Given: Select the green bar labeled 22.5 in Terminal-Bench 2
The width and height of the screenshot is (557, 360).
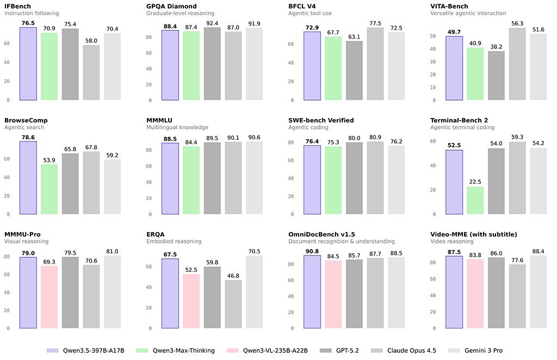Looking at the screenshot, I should (x=475, y=200).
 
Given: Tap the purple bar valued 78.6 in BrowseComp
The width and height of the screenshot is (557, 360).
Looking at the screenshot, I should (x=28, y=178).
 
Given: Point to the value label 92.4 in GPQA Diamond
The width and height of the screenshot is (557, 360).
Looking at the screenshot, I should (x=212, y=23).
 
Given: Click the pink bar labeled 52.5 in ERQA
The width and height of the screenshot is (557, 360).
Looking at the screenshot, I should (x=191, y=301).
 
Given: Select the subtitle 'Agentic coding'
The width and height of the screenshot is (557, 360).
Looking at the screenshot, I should (x=308, y=127).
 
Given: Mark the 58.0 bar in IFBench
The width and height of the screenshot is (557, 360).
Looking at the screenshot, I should (x=91, y=72).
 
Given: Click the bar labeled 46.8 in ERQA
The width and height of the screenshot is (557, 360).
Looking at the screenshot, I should (x=233, y=304).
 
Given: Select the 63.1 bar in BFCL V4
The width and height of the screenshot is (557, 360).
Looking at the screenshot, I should (x=354, y=70).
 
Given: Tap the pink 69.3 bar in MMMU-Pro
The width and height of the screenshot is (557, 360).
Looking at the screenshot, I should (x=49, y=297).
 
